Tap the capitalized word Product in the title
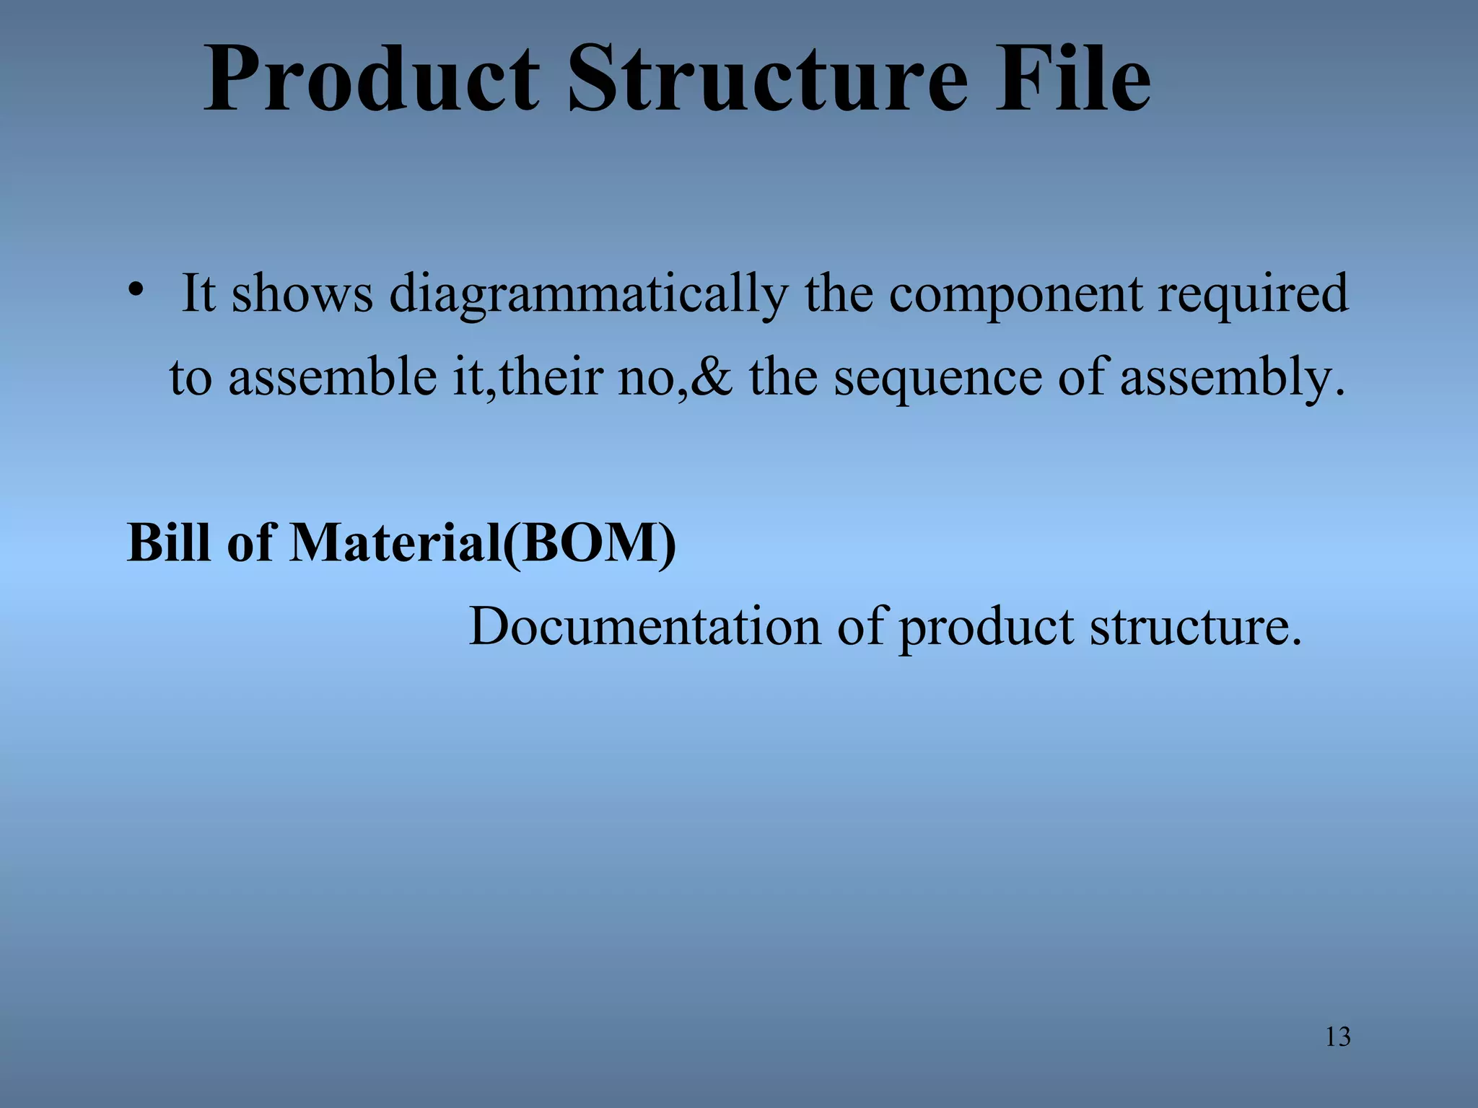372,79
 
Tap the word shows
302,294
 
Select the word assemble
333,377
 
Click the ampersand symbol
712,377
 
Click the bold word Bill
170,542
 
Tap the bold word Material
395,542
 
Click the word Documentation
644,625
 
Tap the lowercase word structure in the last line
1194,626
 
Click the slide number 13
1338,1037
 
